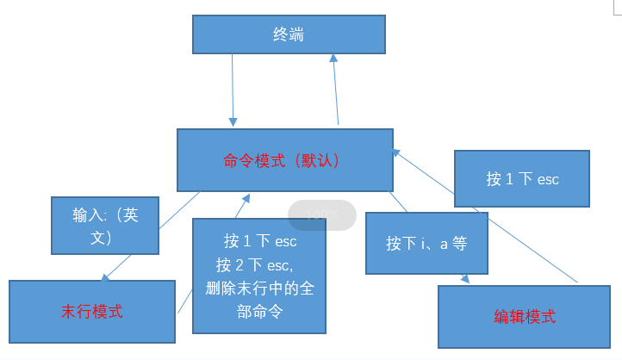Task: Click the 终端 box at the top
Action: click(288, 34)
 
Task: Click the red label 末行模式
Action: click(92, 311)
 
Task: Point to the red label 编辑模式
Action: click(525, 316)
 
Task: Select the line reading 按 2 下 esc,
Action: click(258, 264)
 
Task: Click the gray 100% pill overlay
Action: click(321, 214)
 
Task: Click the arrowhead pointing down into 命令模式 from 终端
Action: click(233, 121)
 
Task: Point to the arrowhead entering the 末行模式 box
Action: click(104, 277)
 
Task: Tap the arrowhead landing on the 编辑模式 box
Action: click(465, 279)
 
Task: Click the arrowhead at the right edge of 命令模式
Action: click(395, 151)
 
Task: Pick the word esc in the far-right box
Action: click(548, 179)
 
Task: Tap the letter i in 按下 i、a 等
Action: click(424, 244)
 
